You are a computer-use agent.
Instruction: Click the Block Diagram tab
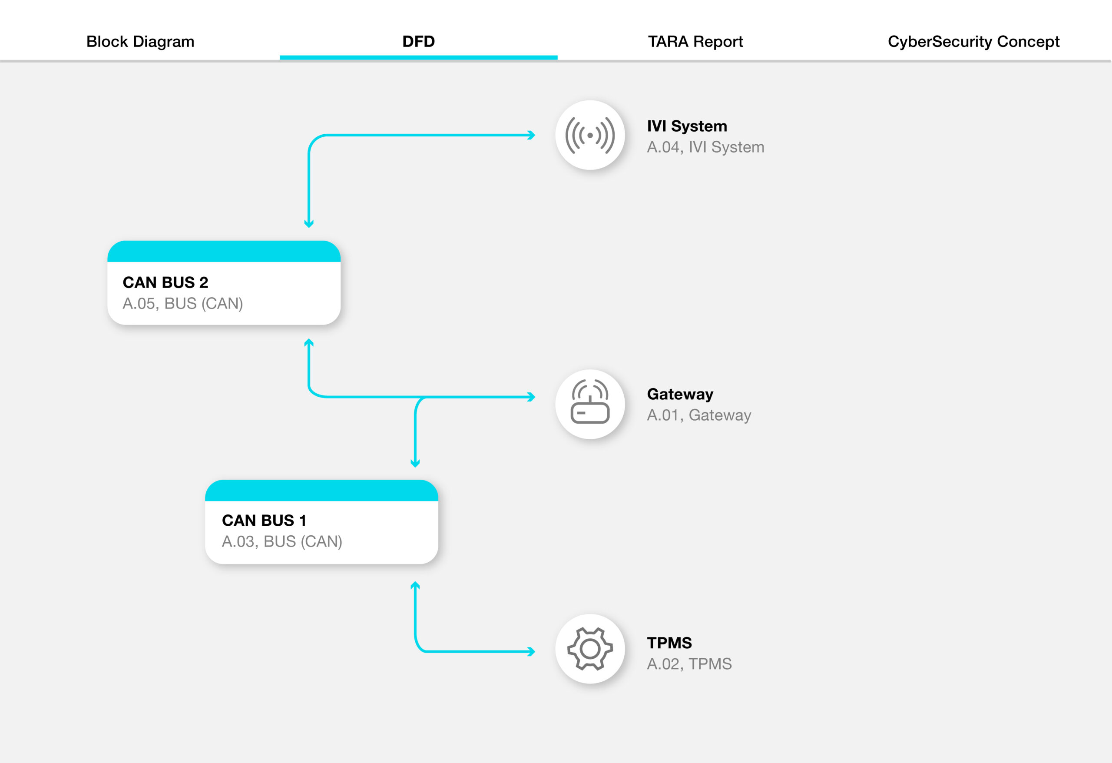click(140, 42)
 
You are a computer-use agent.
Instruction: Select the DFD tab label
click(418, 42)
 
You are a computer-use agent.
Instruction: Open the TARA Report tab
click(695, 42)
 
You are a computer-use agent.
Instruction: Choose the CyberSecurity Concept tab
click(973, 42)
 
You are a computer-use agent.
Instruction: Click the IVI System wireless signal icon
click(590, 135)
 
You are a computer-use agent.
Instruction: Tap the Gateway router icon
click(590, 404)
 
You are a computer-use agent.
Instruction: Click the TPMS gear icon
click(590, 649)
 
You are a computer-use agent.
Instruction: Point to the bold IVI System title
click(687, 126)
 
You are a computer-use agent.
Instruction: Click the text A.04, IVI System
click(705, 147)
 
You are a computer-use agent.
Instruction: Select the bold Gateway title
click(680, 394)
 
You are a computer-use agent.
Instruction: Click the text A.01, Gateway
click(698, 415)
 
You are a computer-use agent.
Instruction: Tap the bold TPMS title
click(669, 642)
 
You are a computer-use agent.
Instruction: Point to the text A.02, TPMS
click(689, 664)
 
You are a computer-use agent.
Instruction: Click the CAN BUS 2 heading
click(165, 282)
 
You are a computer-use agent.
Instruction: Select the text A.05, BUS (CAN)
click(183, 303)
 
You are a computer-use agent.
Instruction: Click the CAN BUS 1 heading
click(264, 520)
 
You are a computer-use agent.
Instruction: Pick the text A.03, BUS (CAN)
click(282, 541)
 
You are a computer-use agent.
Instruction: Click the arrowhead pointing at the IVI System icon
click(531, 135)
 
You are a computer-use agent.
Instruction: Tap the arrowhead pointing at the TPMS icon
click(531, 651)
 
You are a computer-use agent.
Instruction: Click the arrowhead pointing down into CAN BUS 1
click(415, 463)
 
